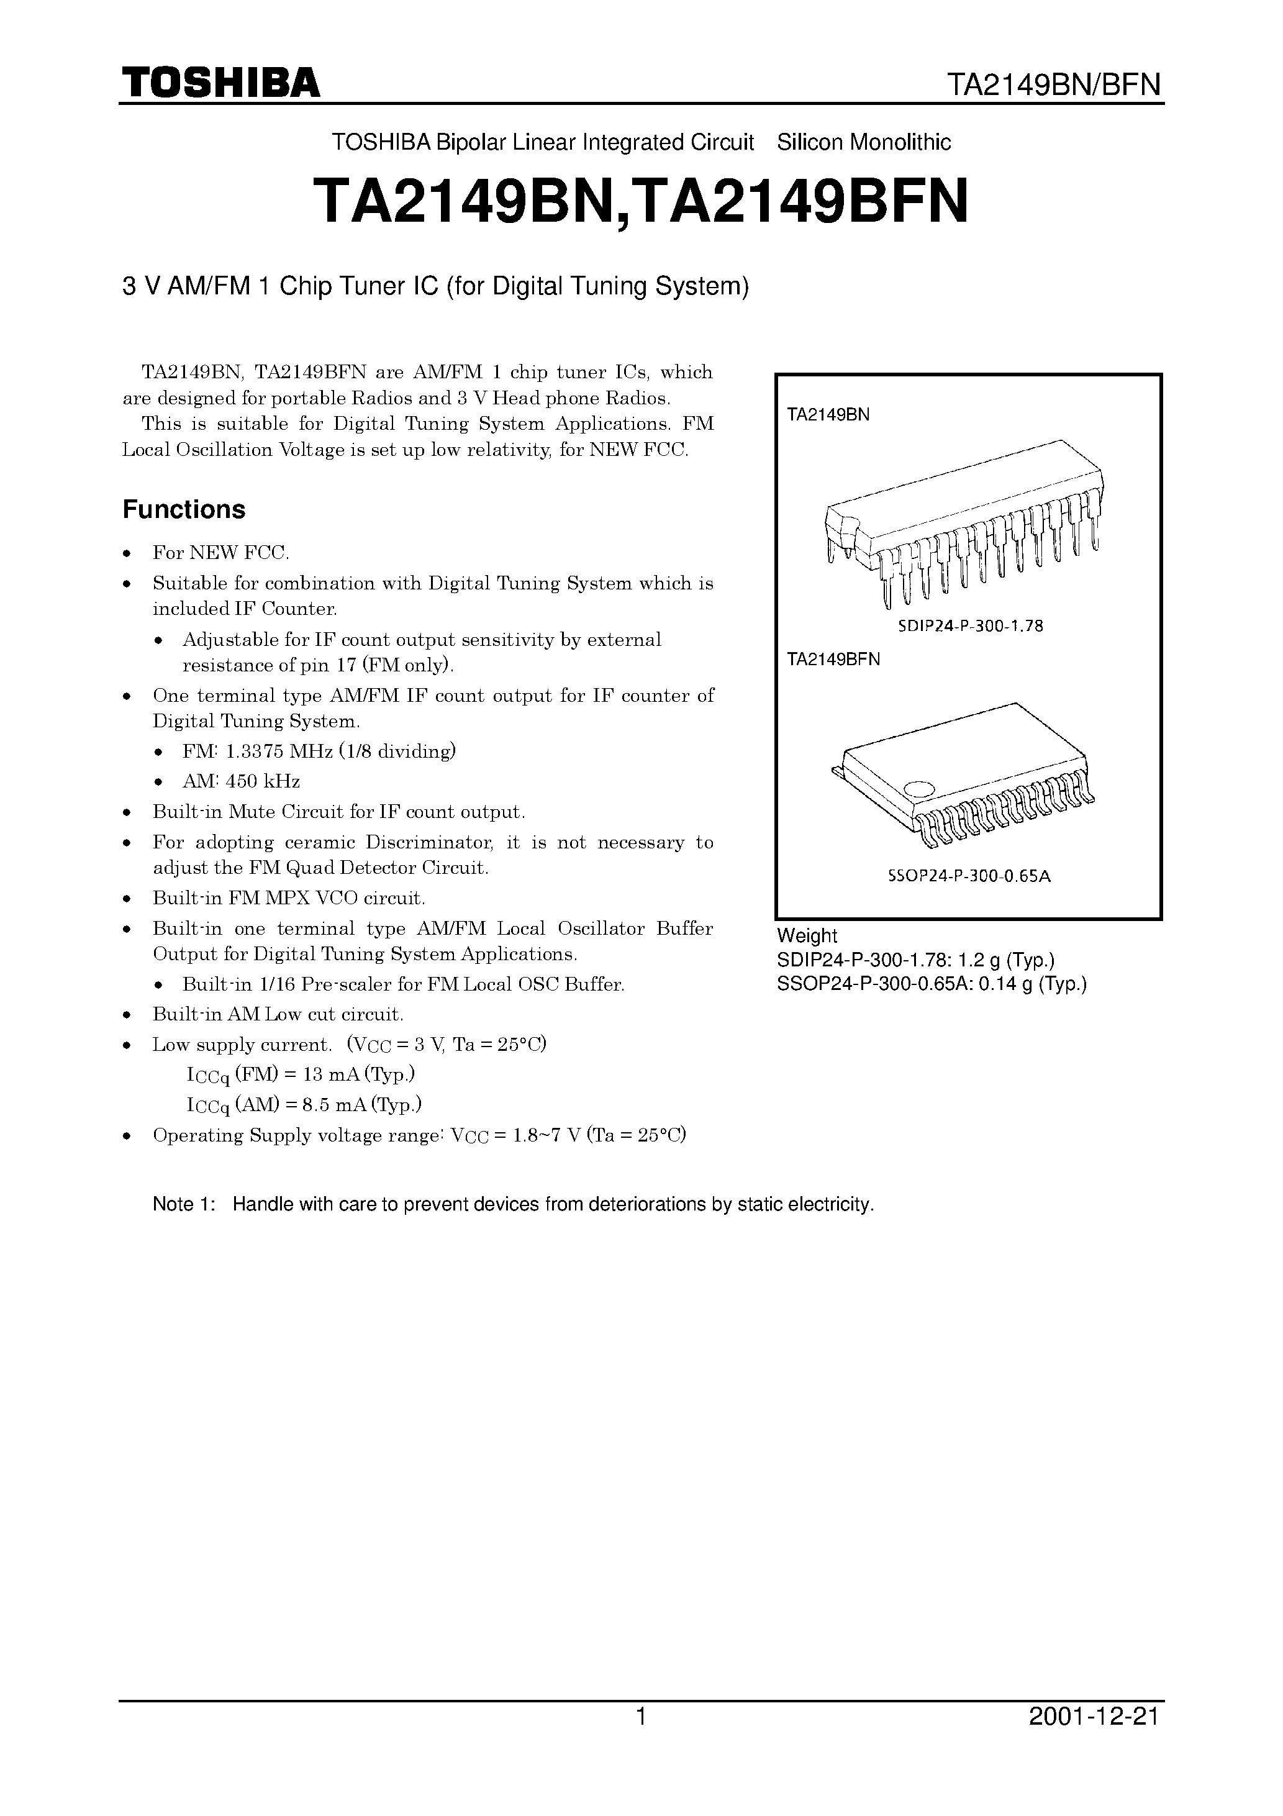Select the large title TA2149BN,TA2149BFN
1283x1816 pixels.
point(641,201)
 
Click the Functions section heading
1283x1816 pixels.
point(184,509)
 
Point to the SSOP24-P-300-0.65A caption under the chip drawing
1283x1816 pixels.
point(969,876)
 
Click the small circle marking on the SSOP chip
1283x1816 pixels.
point(919,789)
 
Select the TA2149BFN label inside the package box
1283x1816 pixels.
point(833,659)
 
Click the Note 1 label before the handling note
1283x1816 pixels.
point(184,1204)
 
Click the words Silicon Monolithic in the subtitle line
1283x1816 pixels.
point(864,142)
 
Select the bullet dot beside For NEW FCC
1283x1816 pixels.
point(127,553)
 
